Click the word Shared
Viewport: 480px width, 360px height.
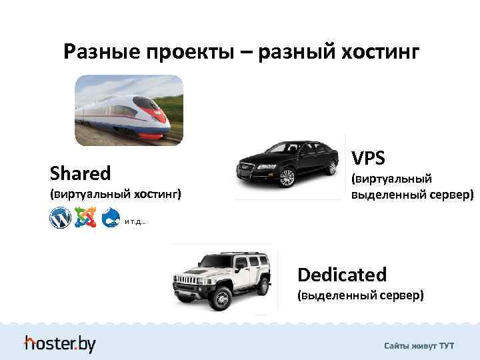coord(81,174)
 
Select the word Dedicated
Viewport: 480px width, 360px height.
coord(342,275)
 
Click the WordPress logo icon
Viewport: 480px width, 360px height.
coord(60,217)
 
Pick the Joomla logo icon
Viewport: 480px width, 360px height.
coord(85,217)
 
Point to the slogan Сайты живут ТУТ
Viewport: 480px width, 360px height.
coord(419,346)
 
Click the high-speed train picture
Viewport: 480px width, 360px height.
coord(129,110)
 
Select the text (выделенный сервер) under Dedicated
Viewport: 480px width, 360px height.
coord(361,295)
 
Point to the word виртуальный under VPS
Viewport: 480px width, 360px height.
coord(392,179)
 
